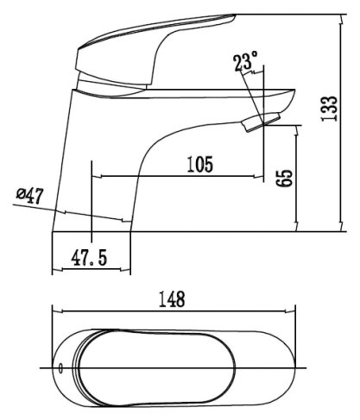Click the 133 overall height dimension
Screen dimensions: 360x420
(x=329, y=109)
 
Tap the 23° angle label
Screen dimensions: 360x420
(x=245, y=60)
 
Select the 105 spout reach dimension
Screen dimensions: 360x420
(x=200, y=164)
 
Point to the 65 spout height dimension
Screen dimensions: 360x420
(x=284, y=179)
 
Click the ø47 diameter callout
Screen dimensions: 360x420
(x=30, y=196)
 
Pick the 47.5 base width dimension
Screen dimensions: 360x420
(x=89, y=257)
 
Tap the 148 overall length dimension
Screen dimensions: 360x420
(x=172, y=299)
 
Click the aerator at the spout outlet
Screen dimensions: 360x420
(x=261, y=122)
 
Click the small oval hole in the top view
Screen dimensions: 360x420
(x=60, y=368)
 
